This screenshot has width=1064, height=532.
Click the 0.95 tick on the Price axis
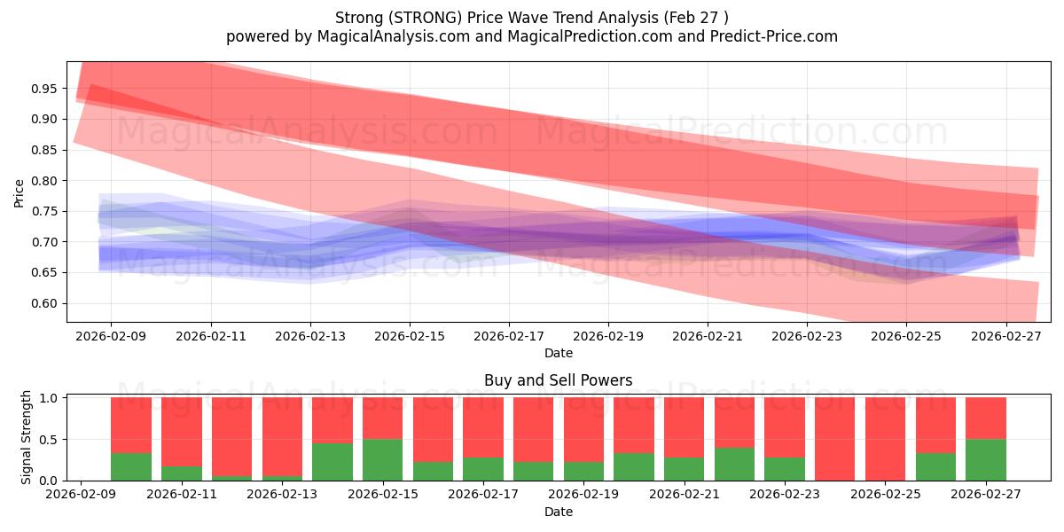pos(43,89)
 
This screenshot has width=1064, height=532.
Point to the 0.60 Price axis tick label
pos(43,303)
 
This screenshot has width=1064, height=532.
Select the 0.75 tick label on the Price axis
pos(43,211)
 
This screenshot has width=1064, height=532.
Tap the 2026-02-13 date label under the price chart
pos(310,336)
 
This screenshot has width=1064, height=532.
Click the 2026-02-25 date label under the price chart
pos(906,336)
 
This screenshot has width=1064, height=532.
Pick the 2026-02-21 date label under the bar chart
pos(684,494)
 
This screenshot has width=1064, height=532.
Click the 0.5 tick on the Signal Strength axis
pos(49,440)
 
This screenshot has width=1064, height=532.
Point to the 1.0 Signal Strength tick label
pos(49,398)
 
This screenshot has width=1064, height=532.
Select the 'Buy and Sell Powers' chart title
pos(558,380)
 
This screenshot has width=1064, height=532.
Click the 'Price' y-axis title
pos(19,193)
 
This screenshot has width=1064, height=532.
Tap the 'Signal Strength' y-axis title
pos(26,437)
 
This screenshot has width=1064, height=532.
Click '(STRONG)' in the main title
pos(425,18)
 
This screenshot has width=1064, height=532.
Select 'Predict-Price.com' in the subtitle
pos(774,36)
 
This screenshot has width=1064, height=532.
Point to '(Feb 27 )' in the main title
pos(696,18)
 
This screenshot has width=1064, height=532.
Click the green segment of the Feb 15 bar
pos(382,460)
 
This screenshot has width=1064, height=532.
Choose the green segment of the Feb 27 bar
pos(986,460)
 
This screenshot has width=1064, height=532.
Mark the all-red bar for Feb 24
pos(834,439)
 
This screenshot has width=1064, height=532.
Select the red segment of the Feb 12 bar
pos(231,437)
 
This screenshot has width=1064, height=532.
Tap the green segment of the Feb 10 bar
pos(131,467)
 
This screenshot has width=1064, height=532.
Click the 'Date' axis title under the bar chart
pos(558,512)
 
